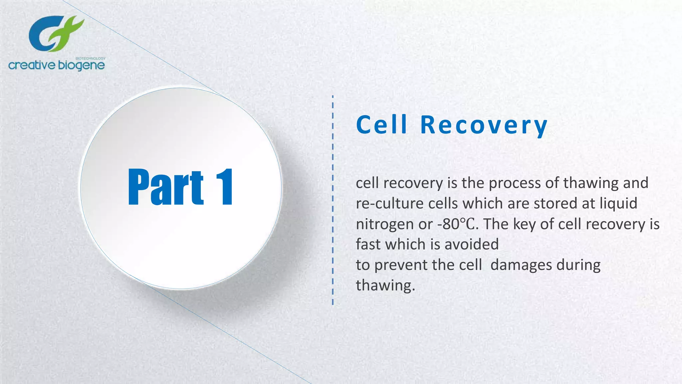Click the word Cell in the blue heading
tap(382, 125)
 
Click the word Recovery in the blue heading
tap(484, 125)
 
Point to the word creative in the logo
tap(32, 65)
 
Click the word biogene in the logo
tap(81, 65)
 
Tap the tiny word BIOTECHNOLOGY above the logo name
tap(91, 58)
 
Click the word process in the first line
tap(514, 183)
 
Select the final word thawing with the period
tap(385, 286)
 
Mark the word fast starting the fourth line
tap(368, 244)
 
